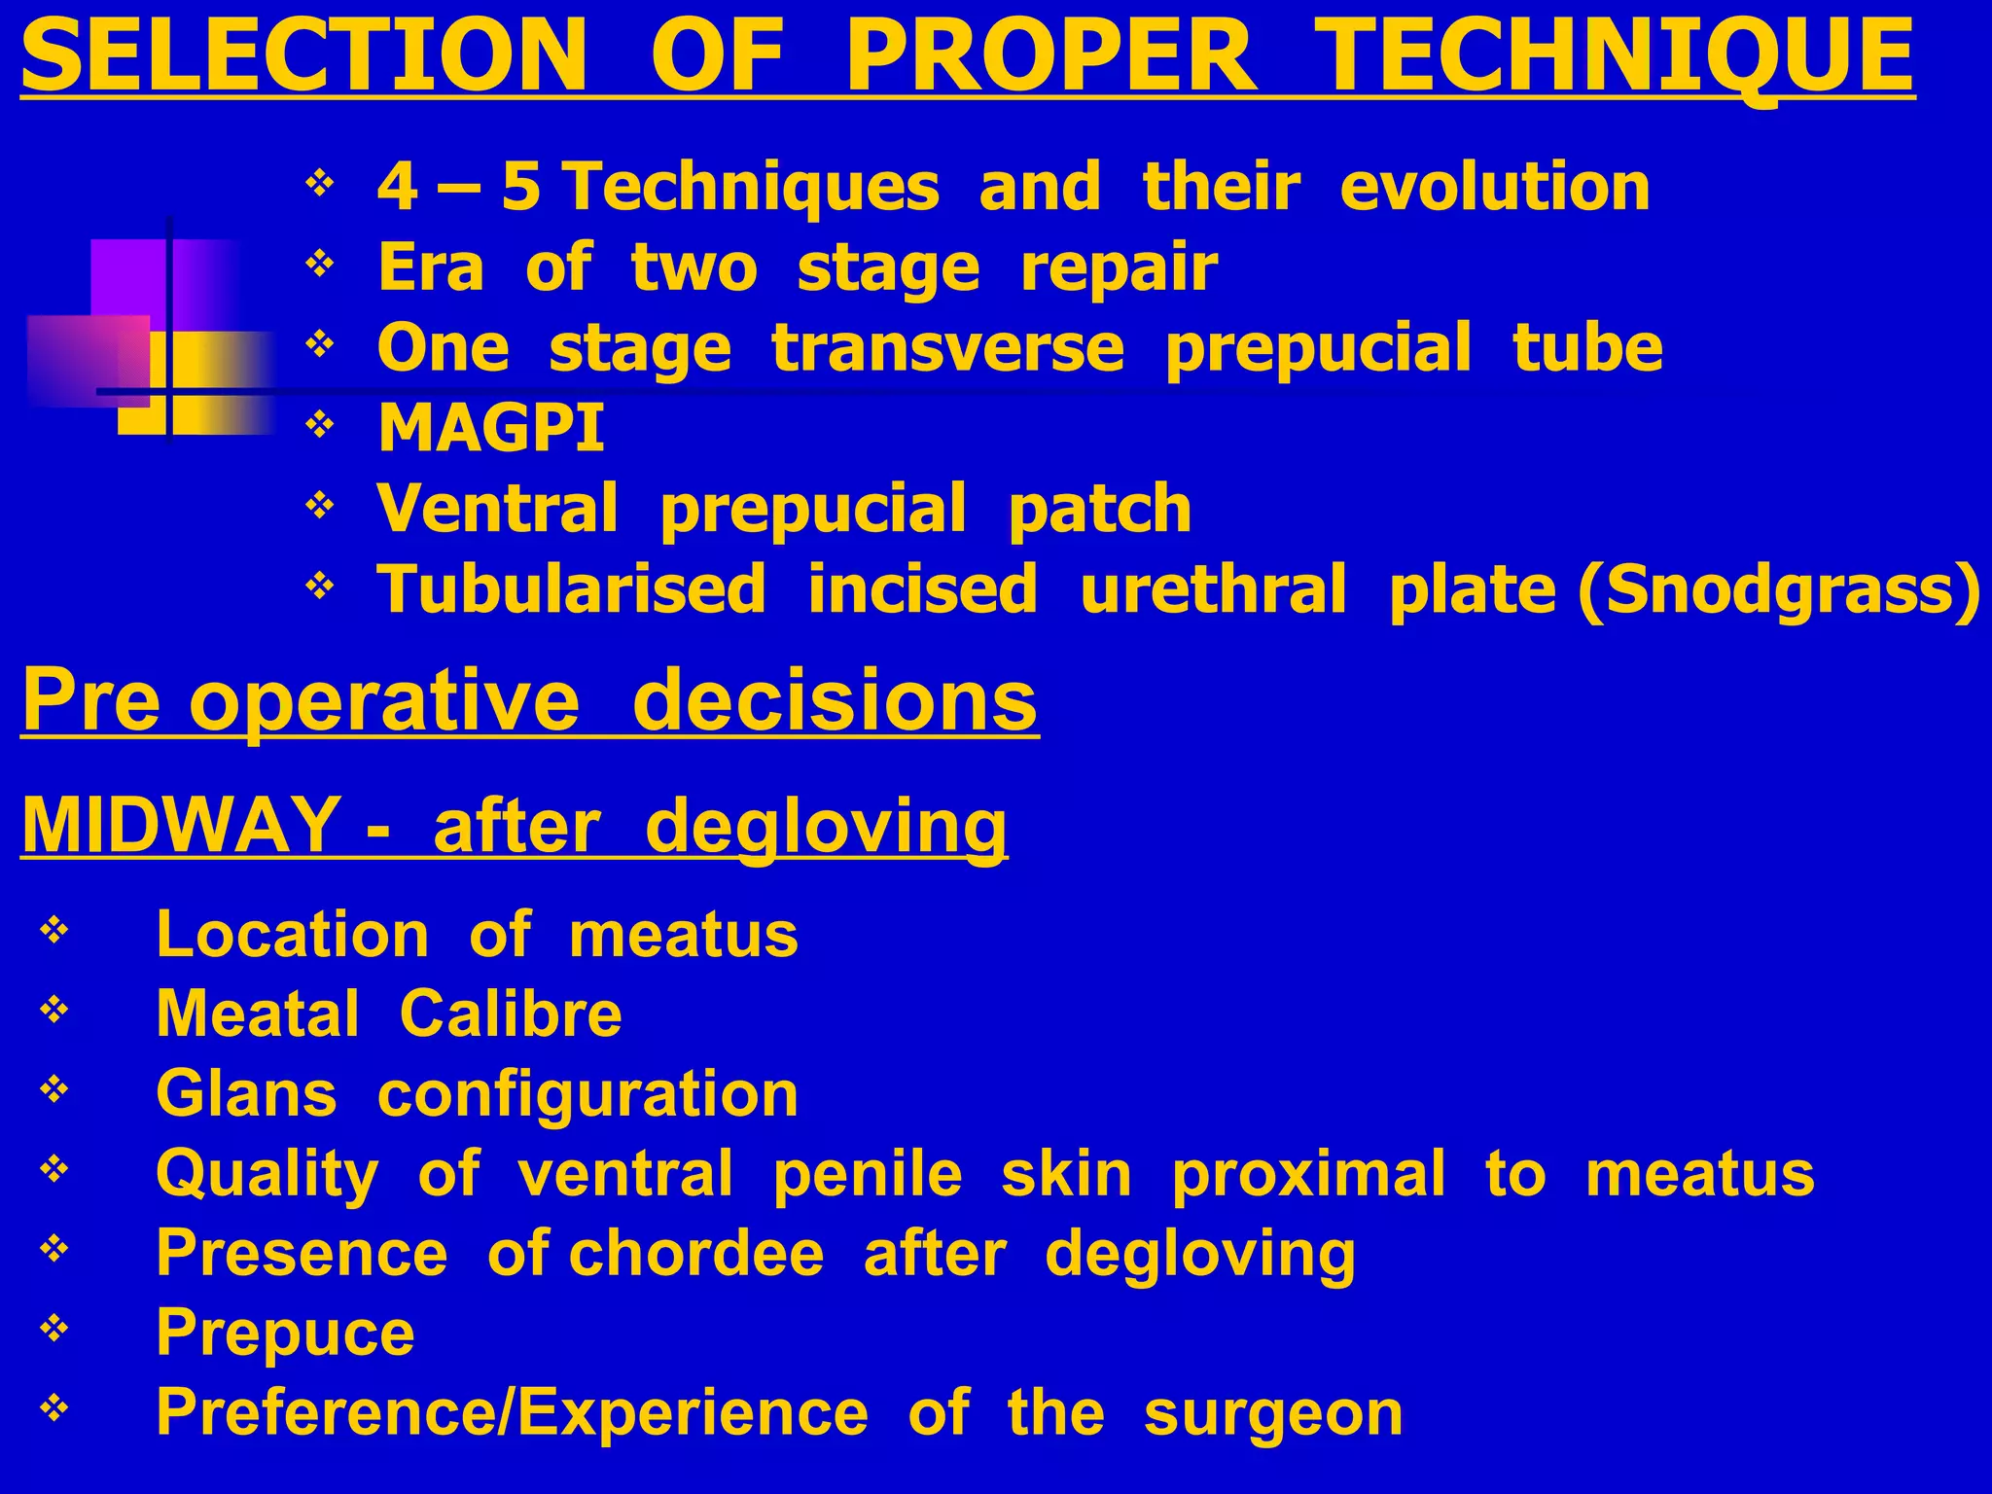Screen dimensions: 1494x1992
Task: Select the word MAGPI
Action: click(x=491, y=428)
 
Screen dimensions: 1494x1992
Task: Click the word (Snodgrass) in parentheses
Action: click(x=1779, y=589)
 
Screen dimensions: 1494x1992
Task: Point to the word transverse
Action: click(x=948, y=348)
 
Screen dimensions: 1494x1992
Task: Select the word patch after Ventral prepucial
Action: click(x=1099, y=509)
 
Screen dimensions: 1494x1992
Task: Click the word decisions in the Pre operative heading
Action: click(x=835, y=700)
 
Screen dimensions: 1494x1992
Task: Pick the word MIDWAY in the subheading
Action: click(x=180, y=825)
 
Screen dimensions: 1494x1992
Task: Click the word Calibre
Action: click(x=511, y=1014)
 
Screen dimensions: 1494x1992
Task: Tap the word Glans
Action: click(x=246, y=1094)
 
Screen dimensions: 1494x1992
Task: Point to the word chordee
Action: click(x=695, y=1253)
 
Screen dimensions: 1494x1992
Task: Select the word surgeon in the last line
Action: click(x=1273, y=1412)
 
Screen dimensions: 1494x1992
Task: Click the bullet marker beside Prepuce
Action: click(x=54, y=1328)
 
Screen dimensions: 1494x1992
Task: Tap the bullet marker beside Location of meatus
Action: click(x=54, y=931)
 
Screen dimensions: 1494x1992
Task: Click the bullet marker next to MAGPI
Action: click(x=320, y=424)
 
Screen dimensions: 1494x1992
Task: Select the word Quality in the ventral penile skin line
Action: click(x=267, y=1174)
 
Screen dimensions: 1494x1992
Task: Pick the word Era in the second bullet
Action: click(x=430, y=267)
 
